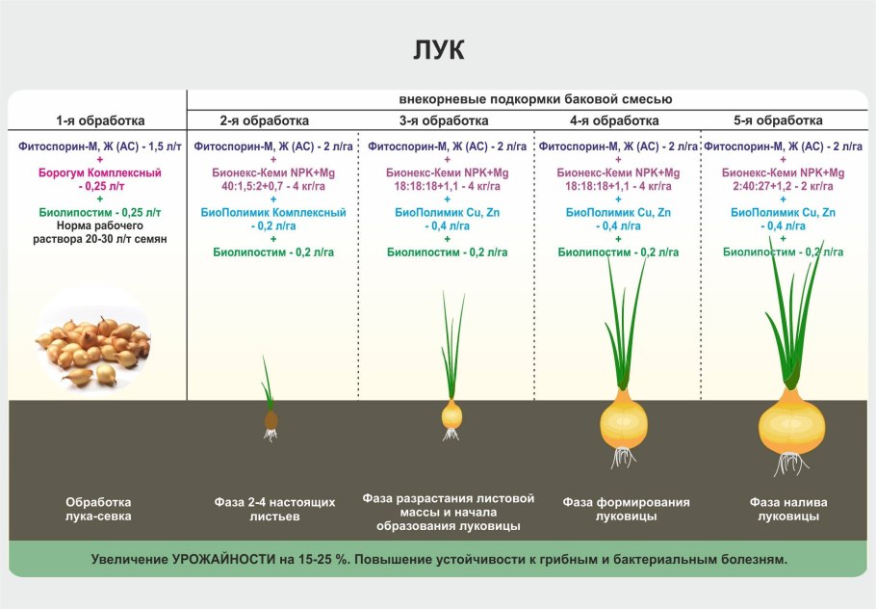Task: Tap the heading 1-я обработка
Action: coord(99,121)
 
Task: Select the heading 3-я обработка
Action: coord(444,121)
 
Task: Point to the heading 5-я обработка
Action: coord(778,121)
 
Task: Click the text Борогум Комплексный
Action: coord(99,172)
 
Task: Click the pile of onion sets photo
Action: coord(93,344)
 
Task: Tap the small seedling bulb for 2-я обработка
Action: coord(271,420)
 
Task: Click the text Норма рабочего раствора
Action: coord(99,232)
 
